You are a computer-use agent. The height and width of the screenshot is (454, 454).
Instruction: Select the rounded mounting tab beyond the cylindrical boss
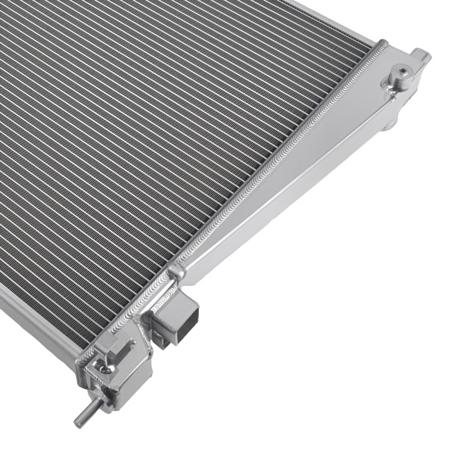click(x=421, y=55)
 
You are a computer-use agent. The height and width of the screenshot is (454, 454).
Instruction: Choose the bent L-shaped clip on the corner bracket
click(x=114, y=350)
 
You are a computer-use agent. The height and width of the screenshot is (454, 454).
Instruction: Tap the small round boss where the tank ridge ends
click(x=178, y=270)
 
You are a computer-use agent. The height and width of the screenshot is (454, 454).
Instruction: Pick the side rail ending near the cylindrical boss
click(x=333, y=19)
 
